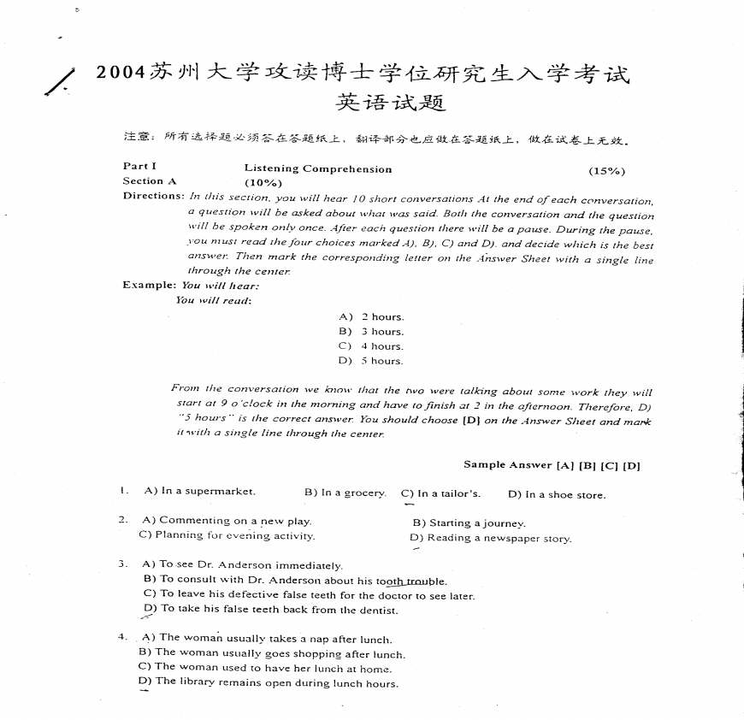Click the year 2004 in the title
click(x=121, y=73)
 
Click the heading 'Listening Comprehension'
click(x=318, y=169)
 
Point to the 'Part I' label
click(x=139, y=168)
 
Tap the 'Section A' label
click(x=149, y=181)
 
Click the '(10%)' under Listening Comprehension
click(x=263, y=182)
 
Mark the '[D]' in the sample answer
click(x=632, y=466)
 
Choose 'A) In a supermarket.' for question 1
click(x=199, y=492)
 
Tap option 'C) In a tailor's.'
click(x=440, y=493)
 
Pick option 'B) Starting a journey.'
click(x=469, y=522)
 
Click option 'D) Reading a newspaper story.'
click(x=490, y=539)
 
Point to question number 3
click(x=124, y=564)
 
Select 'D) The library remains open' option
click(x=268, y=682)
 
